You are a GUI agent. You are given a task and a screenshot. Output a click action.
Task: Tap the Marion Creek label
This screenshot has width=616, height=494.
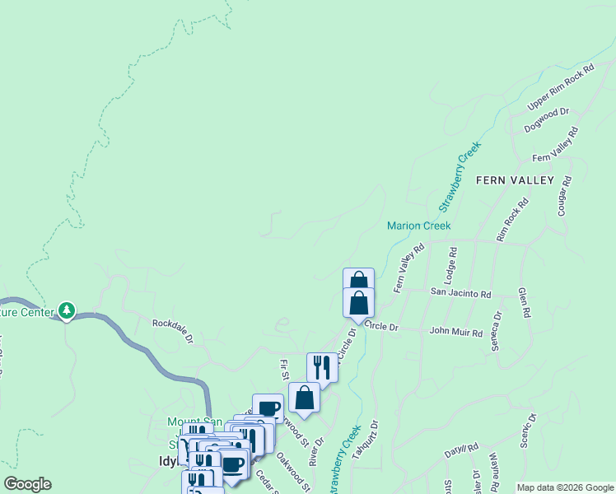419,226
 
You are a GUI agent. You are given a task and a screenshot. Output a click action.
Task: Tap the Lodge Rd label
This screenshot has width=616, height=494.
451,263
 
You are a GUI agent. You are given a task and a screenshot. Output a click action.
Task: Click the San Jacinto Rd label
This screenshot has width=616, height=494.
460,293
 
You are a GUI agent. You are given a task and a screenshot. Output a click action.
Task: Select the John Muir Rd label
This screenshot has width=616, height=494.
455,332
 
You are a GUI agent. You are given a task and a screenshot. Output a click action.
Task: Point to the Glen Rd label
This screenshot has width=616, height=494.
522,303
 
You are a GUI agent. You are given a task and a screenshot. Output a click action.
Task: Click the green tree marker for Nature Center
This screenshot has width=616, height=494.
67,311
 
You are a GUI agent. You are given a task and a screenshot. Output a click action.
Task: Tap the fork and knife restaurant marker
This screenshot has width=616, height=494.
322,367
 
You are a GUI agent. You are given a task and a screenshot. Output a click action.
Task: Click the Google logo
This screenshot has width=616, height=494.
27,484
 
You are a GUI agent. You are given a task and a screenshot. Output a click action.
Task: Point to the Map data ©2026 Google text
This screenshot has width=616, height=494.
565,487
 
